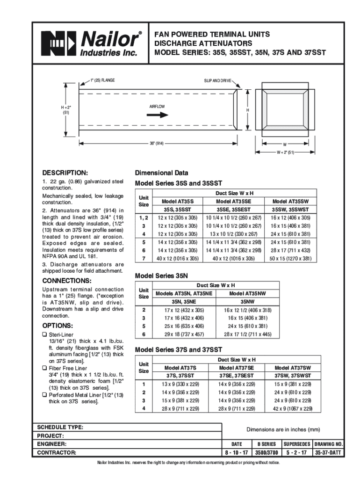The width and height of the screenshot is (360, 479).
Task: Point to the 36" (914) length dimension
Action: pyautogui.click(x=156, y=142)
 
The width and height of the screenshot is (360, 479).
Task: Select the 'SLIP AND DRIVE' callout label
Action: pyautogui.click(x=217, y=81)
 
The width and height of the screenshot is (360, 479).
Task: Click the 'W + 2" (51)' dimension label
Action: pyautogui.click(x=284, y=152)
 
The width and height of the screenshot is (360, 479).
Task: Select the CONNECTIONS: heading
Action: pyautogui.click(x=67, y=281)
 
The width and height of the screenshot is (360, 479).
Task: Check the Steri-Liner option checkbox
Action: pyautogui.click(x=45, y=334)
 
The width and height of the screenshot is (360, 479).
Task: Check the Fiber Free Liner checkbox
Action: pyautogui.click(x=45, y=368)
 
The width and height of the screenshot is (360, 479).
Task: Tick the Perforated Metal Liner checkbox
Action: pyautogui.click(x=45, y=395)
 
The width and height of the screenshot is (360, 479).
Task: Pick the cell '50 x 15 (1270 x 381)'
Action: pyautogui.click(x=290, y=258)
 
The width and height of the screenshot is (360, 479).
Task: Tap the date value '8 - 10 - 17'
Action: pyautogui.click(x=237, y=452)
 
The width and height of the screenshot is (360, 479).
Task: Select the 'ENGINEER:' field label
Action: pyautogui.click(x=51, y=443)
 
